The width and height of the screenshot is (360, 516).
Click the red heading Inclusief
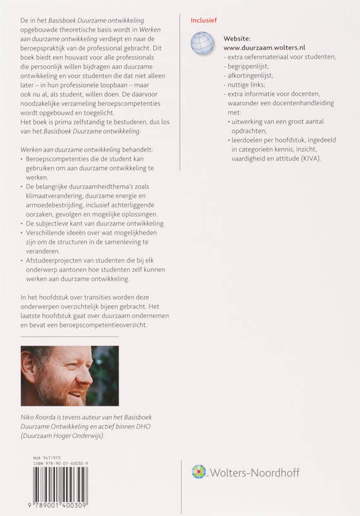(x=204, y=20)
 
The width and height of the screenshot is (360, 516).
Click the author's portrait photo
(x=69, y=375)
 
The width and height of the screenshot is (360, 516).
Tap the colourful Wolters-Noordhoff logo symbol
(x=198, y=472)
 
